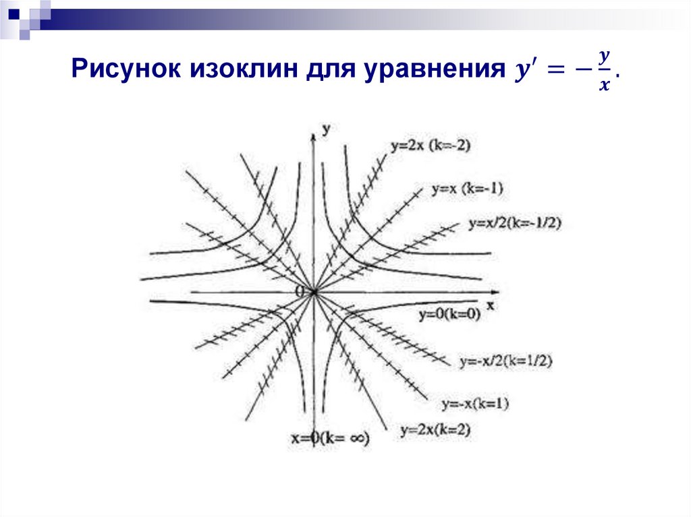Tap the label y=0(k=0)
[x=449, y=314]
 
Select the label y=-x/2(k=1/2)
[x=506, y=361]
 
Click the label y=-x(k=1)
[x=475, y=404]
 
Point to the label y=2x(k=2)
[x=435, y=429]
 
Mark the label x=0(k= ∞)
[x=331, y=438]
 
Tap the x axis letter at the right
[x=491, y=305]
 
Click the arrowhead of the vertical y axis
[x=313, y=136]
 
